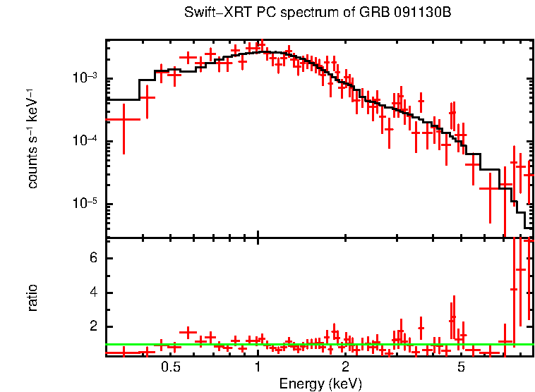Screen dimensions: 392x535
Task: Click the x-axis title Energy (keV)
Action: [320, 384]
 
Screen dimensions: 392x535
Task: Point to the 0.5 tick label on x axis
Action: [170, 367]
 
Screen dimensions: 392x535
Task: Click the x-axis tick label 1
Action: [258, 367]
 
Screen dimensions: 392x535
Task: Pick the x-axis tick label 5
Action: [460, 367]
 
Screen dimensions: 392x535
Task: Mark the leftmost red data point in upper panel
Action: [124, 120]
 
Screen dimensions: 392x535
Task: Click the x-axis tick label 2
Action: [345, 367]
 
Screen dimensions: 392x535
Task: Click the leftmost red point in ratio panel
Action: [124, 350]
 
